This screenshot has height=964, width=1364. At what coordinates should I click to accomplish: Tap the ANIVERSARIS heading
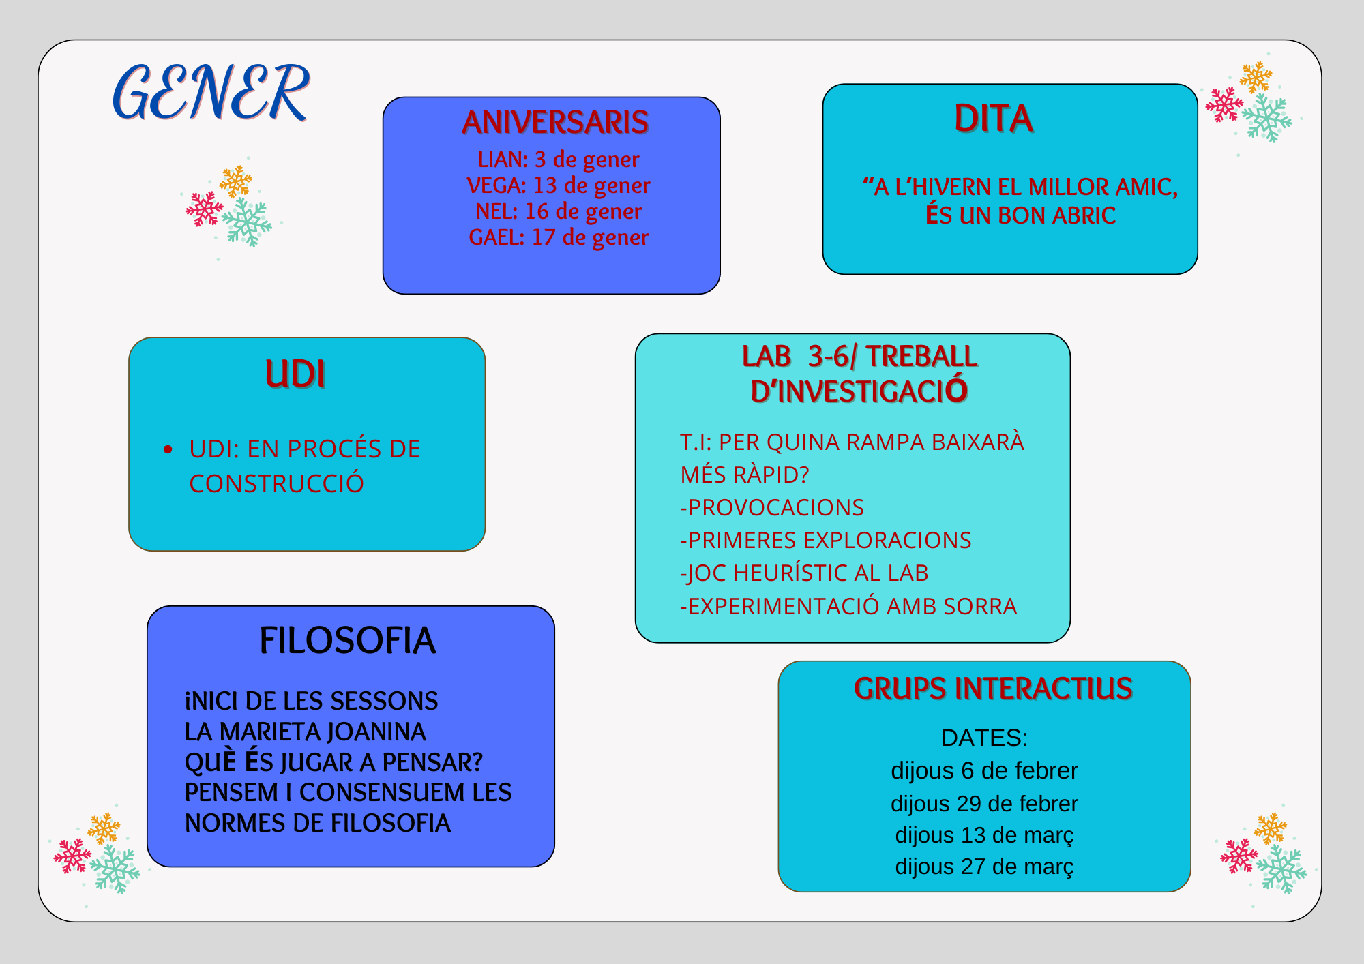point(555,123)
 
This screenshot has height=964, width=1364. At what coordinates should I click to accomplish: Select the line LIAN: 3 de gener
point(559,160)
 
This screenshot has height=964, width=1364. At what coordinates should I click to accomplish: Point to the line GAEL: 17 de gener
point(559,237)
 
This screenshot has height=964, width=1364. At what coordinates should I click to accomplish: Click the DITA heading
point(994,118)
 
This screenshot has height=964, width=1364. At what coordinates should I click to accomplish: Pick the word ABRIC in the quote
point(1084,215)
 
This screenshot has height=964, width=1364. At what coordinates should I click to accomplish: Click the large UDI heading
point(295,374)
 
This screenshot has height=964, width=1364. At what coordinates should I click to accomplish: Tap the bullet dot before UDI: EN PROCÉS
point(168,449)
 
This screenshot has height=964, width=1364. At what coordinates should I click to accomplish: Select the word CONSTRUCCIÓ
point(276,483)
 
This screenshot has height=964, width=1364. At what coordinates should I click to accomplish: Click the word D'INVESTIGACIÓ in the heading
point(859,391)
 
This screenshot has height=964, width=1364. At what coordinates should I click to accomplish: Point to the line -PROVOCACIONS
point(772,508)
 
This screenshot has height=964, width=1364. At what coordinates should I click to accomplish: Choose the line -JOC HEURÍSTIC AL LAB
point(804,573)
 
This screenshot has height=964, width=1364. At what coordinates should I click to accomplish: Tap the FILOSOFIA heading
point(348,641)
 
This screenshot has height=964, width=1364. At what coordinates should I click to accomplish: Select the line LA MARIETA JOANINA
point(306,732)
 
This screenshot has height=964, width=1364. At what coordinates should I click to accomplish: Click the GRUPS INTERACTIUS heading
point(994,689)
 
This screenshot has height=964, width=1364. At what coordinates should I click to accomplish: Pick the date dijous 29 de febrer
point(984,804)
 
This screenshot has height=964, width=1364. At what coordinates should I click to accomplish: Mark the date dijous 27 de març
point(984,867)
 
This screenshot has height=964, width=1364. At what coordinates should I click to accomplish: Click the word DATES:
point(984,738)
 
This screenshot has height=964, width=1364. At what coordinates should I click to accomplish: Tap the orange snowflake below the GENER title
point(236,181)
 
